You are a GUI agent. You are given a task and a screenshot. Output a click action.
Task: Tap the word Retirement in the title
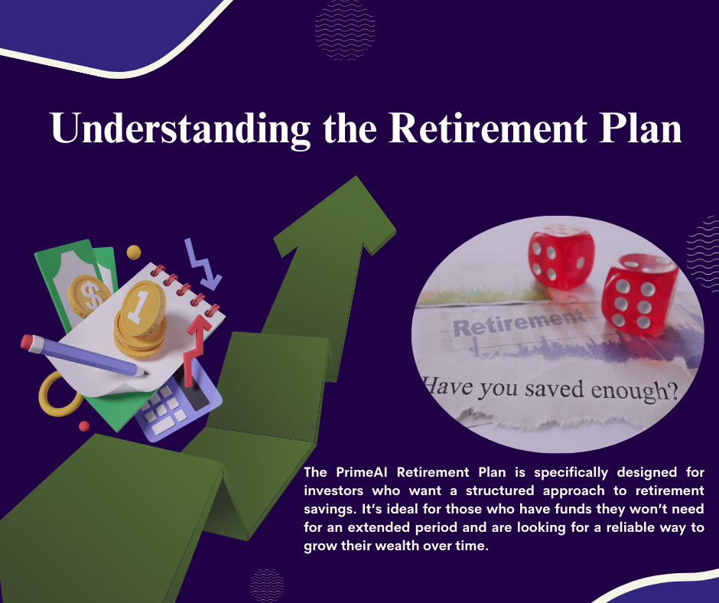(488, 128)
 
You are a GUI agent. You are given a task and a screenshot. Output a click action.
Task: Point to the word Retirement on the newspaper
(519, 323)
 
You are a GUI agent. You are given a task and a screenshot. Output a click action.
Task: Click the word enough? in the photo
(634, 391)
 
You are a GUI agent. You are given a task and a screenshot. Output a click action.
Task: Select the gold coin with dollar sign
(89, 296)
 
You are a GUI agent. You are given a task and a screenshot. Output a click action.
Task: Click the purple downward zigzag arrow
(202, 265)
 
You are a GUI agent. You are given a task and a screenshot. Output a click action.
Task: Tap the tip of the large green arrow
(356, 177)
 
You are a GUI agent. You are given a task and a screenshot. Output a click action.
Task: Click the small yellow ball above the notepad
(133, 253)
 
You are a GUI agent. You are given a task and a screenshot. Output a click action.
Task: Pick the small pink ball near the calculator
(84, 426)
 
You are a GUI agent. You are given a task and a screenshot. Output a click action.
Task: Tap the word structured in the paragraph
(499, 491)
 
